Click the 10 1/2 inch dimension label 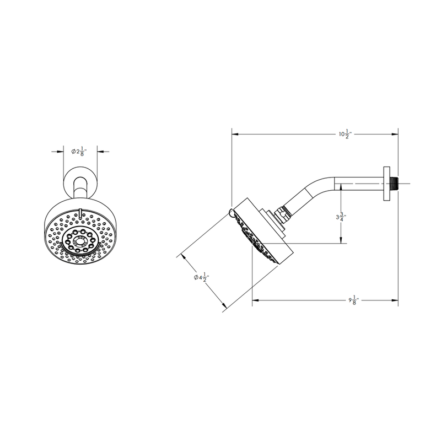click(x=345, y=133)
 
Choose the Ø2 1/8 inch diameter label click(x=80, y=151)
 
